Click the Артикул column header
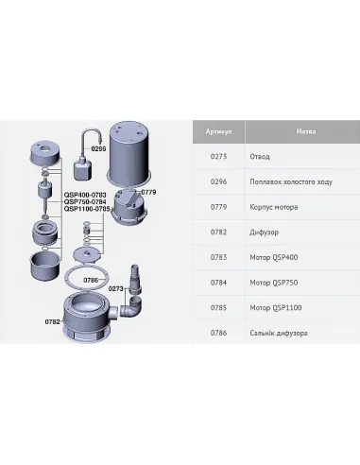click(x=218, y=131)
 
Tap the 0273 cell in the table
click(x=218, y=157)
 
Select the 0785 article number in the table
click(x=218, y=308)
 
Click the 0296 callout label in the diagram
click(x=98, y=148)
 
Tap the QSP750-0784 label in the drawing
click(x=85, y=201)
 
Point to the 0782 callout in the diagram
click(x=52, y=321)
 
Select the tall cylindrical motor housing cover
click(x=129, y=152)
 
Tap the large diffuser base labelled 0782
click(x=87, y=318)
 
